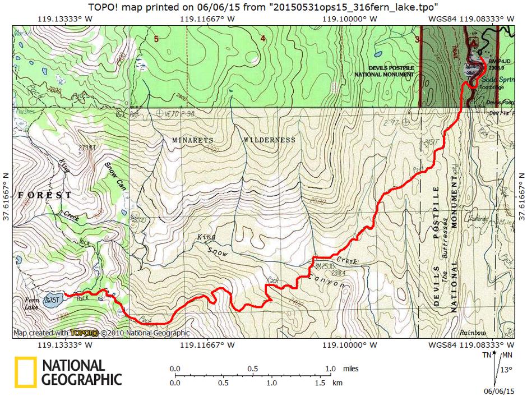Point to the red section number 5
(156, 39)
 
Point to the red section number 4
(262, 39)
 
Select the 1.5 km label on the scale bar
(320, 383)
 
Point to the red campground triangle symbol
(475, 42)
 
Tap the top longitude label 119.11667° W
(209, 19)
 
